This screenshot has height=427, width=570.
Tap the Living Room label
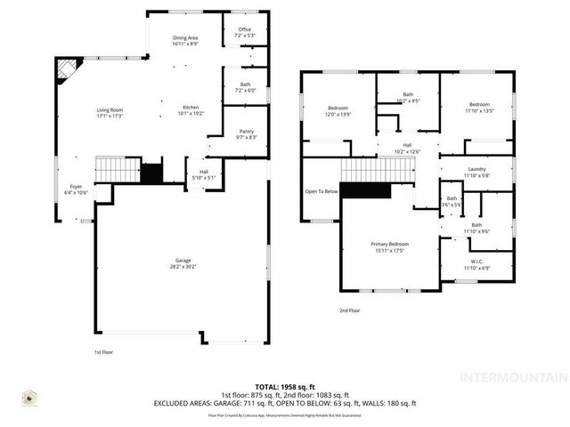110,110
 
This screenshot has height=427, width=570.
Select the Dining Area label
185,37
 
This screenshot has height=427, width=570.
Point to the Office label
244,29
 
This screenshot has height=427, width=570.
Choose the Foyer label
76,187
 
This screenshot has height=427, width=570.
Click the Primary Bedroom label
390,244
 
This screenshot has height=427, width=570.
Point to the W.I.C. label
476,262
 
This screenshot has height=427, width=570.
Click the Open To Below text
322,191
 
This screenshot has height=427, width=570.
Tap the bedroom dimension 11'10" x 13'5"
479,110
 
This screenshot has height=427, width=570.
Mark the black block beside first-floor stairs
151,174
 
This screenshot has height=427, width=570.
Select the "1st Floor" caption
104,352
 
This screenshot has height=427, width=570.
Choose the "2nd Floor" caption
349,310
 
